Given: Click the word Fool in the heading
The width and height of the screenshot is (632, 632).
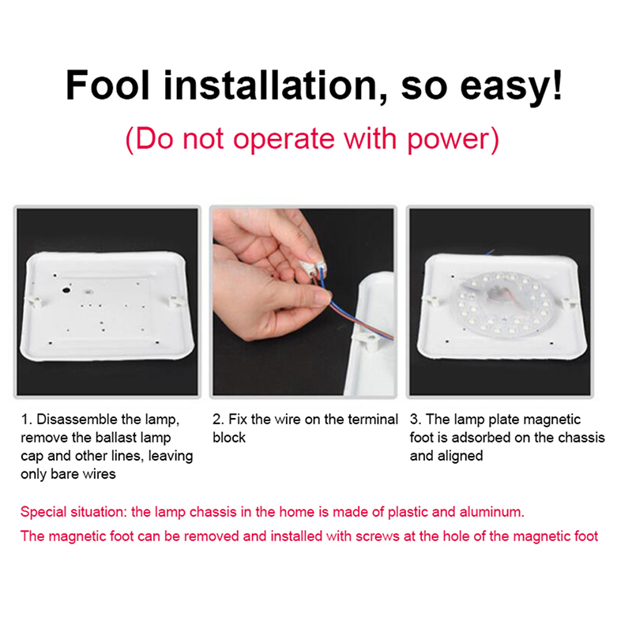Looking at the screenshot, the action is pos(107,85).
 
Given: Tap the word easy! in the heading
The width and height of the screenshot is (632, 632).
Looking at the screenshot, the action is pos(511,88).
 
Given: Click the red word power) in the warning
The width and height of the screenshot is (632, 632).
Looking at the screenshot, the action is pos(453,140).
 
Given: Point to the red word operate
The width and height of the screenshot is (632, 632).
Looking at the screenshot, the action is pos(284,140).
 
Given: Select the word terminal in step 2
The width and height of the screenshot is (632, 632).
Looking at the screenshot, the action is pos(373,419).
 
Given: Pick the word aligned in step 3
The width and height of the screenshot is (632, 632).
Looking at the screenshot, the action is pos(460,456).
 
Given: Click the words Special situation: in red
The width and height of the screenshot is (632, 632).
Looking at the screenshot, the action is pos(73,512).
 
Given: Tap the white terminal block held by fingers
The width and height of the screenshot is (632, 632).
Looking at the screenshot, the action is pos(313,267).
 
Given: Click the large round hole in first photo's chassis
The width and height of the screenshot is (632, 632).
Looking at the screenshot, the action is pos(66,289).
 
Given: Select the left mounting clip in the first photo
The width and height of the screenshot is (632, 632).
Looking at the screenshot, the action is pos(34,301).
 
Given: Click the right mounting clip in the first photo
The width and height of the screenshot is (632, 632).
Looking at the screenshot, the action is pos(175,300).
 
